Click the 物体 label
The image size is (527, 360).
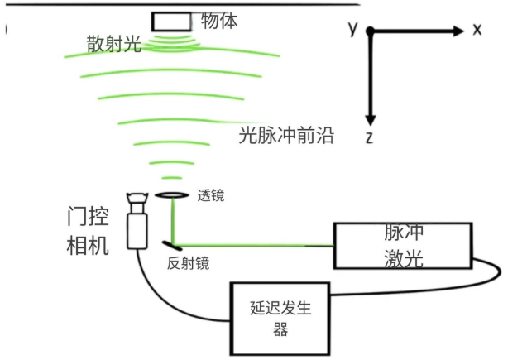point(219,20)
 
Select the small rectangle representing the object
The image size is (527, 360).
point(170,20)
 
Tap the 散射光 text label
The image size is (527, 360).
point(113,44)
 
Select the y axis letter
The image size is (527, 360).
point(352,28)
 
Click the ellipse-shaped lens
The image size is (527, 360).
point(170,195)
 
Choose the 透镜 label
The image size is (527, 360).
point(210,196)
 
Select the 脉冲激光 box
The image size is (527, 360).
point(403,246)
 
